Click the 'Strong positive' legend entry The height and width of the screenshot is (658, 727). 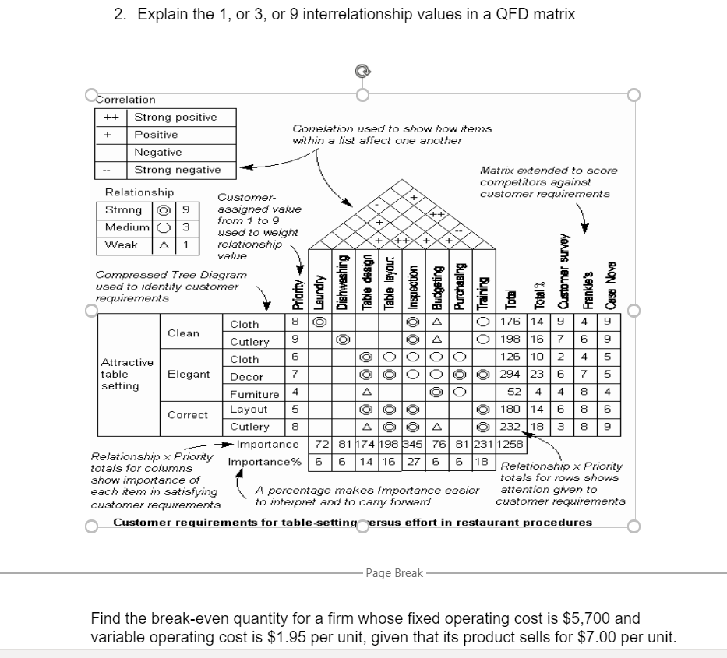[175, 117]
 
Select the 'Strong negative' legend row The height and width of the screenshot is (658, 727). [177, 170]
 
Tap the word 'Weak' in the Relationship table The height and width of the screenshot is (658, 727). [123, 245]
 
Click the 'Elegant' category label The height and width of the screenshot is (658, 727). [189, 375]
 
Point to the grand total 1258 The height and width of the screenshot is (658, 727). [511, 444]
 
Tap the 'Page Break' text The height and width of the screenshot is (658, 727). [394, 573]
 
